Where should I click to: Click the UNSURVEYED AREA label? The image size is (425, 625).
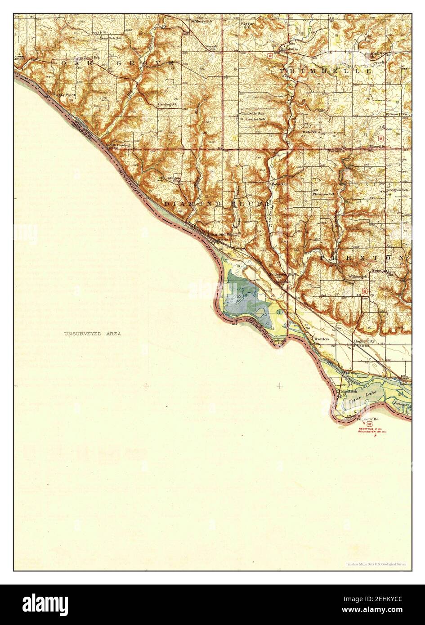(x=92, y=334)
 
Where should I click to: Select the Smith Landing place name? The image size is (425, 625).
(x=118, y=145)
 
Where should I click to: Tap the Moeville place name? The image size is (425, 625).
(x=377, y=147)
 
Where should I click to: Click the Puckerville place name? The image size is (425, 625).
(x=366, y=420)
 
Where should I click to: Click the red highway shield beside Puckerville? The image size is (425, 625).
(x=370, y=424)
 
